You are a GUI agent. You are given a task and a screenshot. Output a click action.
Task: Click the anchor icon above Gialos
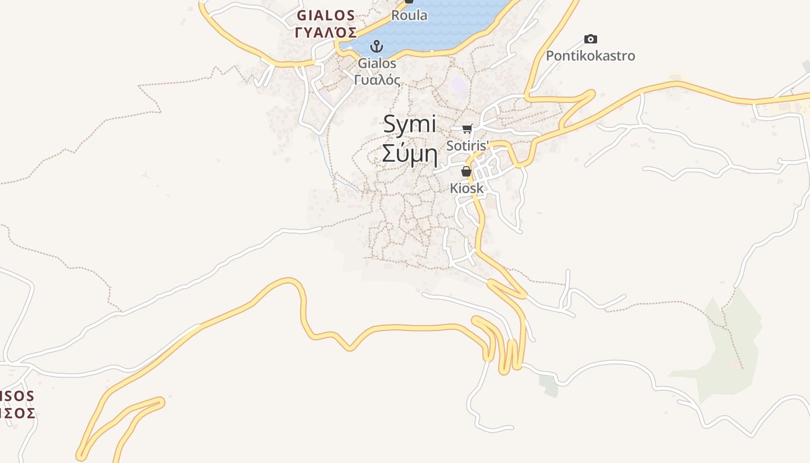[x=377, y=46]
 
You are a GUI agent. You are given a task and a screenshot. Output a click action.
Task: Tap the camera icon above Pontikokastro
[x=590, y=39]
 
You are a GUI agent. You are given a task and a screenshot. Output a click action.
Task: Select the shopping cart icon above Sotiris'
[x=467, y=128]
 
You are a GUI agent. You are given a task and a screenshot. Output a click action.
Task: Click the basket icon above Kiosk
[x=466, y=171]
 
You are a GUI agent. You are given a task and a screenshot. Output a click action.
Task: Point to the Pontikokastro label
[x=590, y=56]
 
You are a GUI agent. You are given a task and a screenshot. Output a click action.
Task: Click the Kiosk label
[x=466, y=188]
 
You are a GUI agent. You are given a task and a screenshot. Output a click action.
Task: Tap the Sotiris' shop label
[x=467, y=145]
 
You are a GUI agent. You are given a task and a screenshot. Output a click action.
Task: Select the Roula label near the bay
[x=409, y=16]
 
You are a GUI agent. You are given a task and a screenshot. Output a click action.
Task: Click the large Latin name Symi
[x=410, y=125]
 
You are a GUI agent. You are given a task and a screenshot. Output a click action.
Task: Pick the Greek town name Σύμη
[x=410, y=155]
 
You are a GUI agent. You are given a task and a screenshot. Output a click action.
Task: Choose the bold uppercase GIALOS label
[x=326, y=15]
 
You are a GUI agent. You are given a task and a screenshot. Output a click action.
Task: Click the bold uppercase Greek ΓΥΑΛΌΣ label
[x=326, y=32]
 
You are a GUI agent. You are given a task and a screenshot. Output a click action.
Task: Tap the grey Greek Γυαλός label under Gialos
[x=377, y=80]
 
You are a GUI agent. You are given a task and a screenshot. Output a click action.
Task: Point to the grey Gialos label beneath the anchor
[x=377, y=63]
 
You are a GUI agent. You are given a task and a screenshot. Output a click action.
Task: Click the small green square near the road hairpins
[x=548, y=385]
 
